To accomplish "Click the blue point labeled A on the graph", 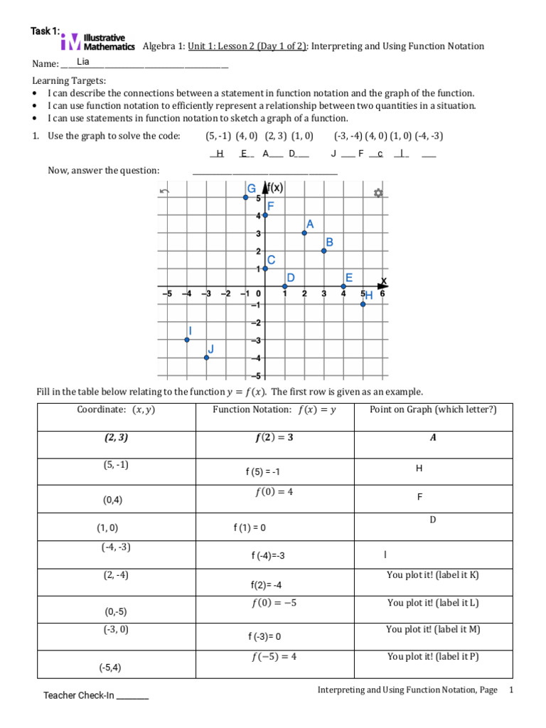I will coord(304,232).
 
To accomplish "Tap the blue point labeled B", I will coord(323,250).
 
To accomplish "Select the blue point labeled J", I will coord(206,357).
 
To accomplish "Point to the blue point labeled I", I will coord(187,339).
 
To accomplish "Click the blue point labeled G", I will coord(245,197).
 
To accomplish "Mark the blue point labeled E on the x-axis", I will coord(343,286).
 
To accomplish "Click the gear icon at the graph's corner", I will coord(378,193).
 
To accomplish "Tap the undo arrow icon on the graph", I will coord(165,191).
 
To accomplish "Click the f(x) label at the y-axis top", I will coord(273,188).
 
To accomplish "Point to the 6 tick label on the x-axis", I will coord(382,294).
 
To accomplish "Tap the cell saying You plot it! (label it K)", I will coord(433,575).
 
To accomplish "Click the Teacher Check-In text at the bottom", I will coord(96,695).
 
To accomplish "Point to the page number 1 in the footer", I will coord(510,690).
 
